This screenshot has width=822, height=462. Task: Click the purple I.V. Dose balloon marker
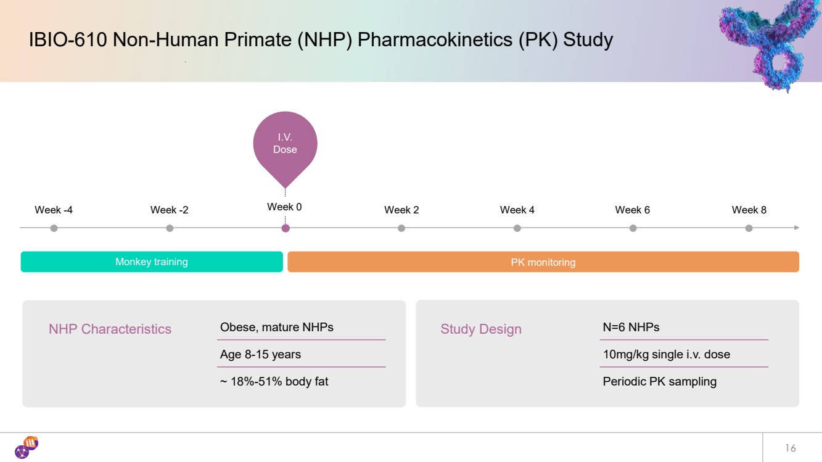pyautogui.click(x=285, y=147)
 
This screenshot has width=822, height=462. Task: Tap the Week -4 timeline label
pyautogui.click(x=54, y=210)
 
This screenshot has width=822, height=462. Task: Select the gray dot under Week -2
pyautogui.click(x=170, y=228)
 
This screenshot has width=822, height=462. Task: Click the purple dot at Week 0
pyautogui.click(x=286, y=228)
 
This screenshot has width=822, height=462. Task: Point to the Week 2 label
pyautogui.click(x=401, y=210)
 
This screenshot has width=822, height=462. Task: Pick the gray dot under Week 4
pyautogui.click(x=517, y=228)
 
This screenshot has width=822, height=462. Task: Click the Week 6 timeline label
pyautogui.click(x=632, y=210)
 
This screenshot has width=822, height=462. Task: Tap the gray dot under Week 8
pyautogui.click(x=749, y=228)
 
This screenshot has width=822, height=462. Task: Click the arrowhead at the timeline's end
pyautogui.click(x=797, y=228)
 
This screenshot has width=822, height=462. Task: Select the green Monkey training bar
pyautogui.click(x=152, y=262)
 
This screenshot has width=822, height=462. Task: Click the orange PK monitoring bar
pyautogui.click(x=543, y=262)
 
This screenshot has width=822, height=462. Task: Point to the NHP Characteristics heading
pyautogui.click(x=110, y=329)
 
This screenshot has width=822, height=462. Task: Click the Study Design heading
pyautogui.click(x=481, y=329)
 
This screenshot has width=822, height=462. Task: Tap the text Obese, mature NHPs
pyautogui.click(x=277, y=328)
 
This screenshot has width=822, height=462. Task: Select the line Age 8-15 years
pyautogui.click(x=260, y=355)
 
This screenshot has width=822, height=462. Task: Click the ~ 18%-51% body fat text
pyautogui.click(x=274, y=382)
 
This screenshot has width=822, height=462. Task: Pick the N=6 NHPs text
pyautogui.click(x=631, y=328)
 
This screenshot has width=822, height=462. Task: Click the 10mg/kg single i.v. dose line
pyautogui.click(x=667, y=355)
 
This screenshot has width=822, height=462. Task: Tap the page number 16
pyautogui.click(x=791, y=448)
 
